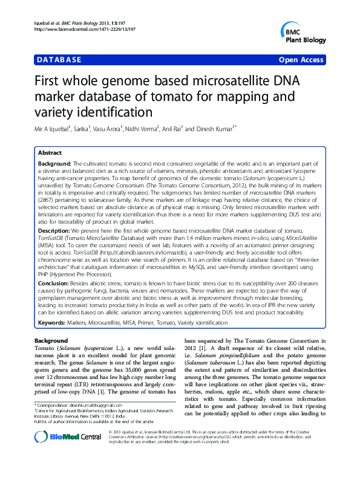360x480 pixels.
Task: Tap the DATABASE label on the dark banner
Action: coord(59,60)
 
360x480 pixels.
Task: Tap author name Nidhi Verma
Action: coord(142,129)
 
